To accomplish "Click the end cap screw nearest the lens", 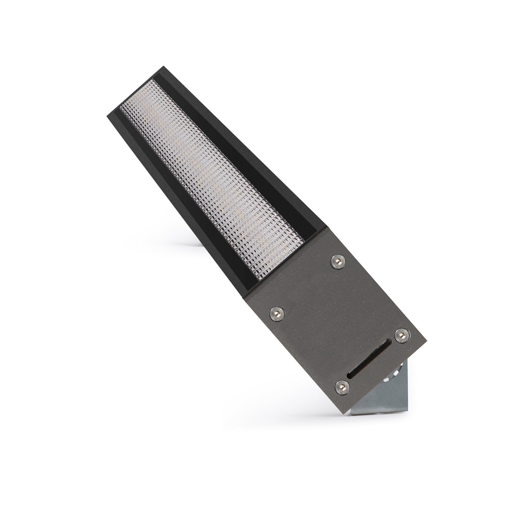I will (x=338, y=261).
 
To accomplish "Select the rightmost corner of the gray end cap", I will (x=427, y=342).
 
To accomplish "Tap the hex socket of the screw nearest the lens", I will (x=338, y=261).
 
